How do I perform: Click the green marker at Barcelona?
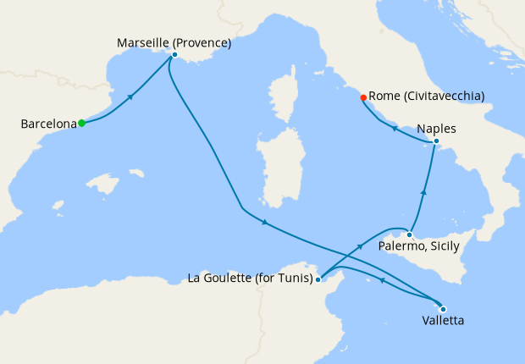pyautogui.click(x=82, y=124)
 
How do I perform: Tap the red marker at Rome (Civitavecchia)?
pyautogui.click(x=363, y=97)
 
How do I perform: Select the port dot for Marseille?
pyautogui.click(x=174, y=55)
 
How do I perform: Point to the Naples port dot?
pyautogui.click(x=435, y=141)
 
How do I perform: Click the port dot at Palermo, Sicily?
pyautogui.click(x=409, y=234)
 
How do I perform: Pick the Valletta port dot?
pyautogui.click(x=442, y=308)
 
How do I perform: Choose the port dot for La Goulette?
pyautogui.click(x=318, y=279)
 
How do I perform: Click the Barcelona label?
pyautogui.click(x=48, y=124)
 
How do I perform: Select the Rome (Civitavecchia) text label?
pyautogui.click(x=427, y=97)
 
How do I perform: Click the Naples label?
pyautogui.click(x=437, y=129)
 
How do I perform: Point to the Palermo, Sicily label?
pyautogui.click(x=419, y=246)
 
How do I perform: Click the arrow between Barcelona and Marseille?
pyautogui.click(x=130, y=97)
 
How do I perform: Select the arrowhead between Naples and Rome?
pyautogui.click(x=394, y=128)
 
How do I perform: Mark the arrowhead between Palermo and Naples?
pyautogui.click(x=423, y=193)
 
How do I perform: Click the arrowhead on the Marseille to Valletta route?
pyautogui.click(x=265, y=223)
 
